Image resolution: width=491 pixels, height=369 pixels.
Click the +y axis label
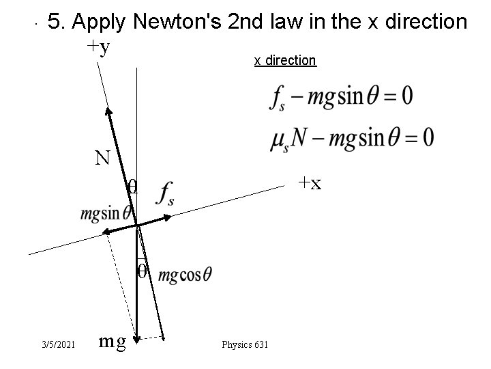pyautogui.click(x=99, y=47)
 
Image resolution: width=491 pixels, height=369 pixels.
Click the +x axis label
pyautogui.click(x=308, y=183)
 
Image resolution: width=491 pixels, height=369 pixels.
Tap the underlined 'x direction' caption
pyautogui.click(x=285, y=60)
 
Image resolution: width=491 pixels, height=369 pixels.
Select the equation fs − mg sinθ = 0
pyautogui.click(x=340, y=97)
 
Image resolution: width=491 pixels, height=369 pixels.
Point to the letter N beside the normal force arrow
pyautogui.click(x=103, y=159)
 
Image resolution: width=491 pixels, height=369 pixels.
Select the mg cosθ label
pyautogui.click(x=185, y=275)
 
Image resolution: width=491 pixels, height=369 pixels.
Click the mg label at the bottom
pyautogui.click(x=113, y=340)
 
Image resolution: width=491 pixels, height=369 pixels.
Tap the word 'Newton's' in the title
pyautogui.click(x=178, y=23)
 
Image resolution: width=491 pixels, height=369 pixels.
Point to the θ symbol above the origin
pyautogui.click(x=133, y=187)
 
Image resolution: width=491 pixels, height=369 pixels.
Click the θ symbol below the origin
pyautogui.click(x=141, y=271)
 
